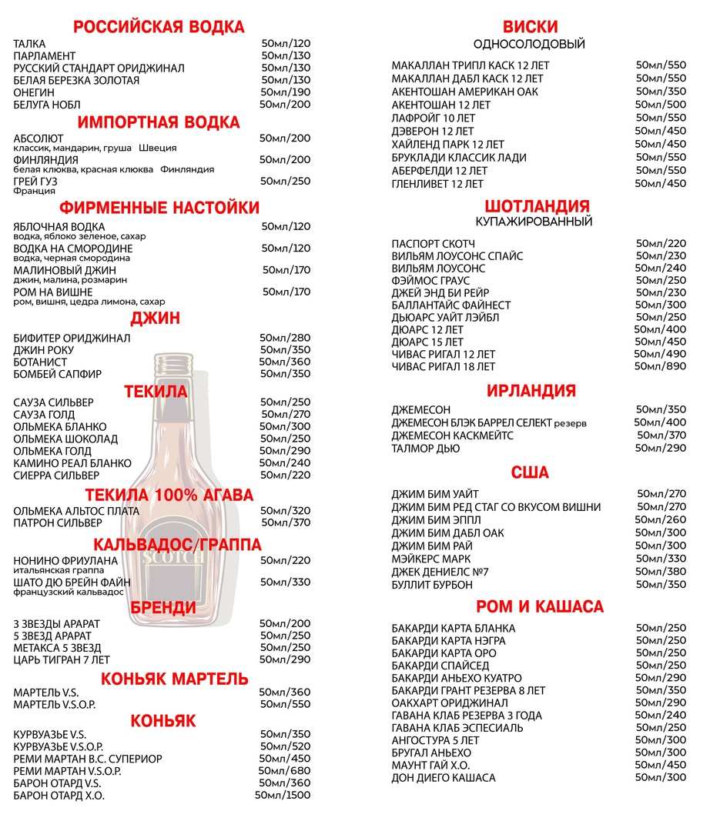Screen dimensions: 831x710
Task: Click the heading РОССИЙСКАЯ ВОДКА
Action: coord(159,27)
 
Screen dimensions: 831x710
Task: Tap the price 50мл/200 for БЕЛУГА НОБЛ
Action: coord(285,105)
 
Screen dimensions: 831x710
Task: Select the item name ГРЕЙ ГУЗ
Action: coord(35,181)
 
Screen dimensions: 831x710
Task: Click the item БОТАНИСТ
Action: coord(43,362)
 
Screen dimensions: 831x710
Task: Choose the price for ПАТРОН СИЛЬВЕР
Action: coord(285,523)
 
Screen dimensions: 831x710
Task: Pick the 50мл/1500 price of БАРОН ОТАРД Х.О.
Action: coord(283,796)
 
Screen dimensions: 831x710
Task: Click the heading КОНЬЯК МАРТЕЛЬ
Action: coord(175,679)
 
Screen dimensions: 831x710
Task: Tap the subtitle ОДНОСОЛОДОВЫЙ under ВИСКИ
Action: coord(529,44)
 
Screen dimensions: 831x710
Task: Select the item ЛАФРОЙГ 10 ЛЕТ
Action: coord(433,118)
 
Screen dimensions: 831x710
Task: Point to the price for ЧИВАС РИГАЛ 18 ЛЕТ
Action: coord(660,366)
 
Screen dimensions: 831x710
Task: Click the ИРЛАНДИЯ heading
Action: coord(531,390)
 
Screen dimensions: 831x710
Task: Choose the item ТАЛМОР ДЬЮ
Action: coord(426,448)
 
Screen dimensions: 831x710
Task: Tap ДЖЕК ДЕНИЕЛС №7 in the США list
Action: coord(440,572)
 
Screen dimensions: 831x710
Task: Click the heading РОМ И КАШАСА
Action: coord(539,606)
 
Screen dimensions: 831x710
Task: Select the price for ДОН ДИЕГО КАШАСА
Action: coord(660,777)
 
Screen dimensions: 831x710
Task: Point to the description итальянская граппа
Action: coord(52,571)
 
